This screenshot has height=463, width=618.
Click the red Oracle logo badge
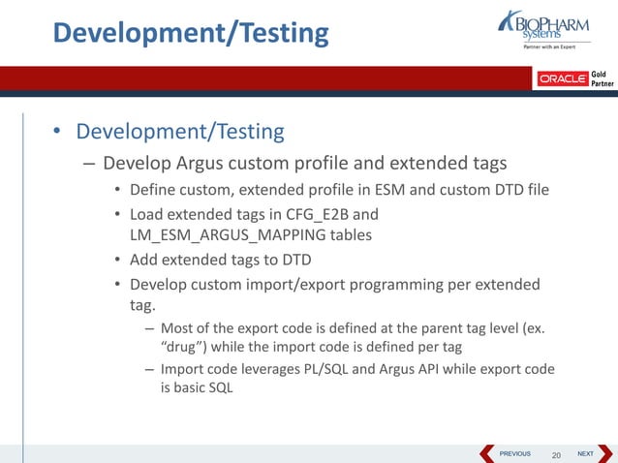click(563, 78)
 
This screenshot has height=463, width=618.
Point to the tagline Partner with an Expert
click(549, 46)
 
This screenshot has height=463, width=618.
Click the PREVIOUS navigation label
click(514, 453)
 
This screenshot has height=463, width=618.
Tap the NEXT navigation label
click(585, 453)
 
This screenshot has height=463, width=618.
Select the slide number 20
click(556, 454)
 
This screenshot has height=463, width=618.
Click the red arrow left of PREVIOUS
click(487, 453)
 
